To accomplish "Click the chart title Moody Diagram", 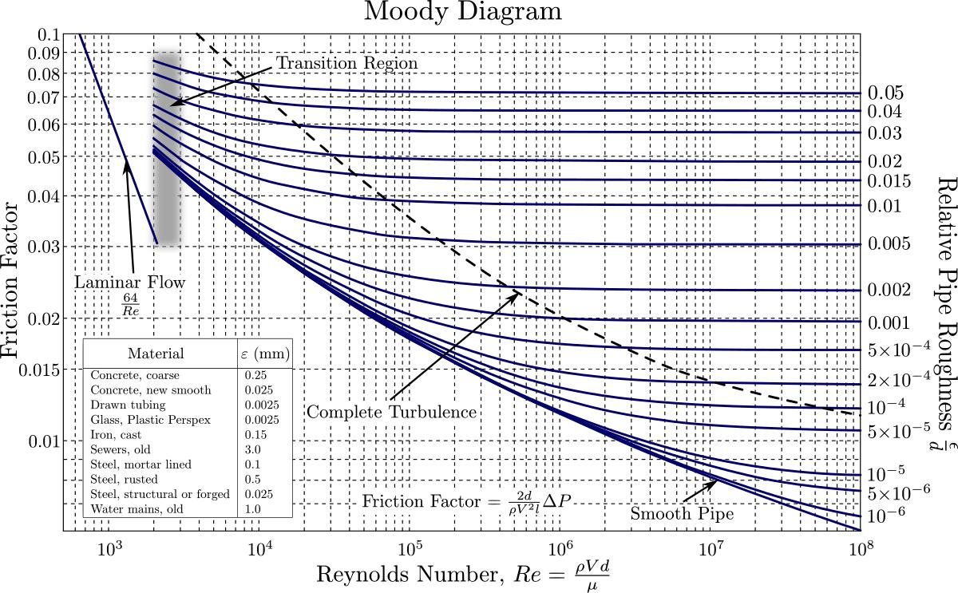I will point(463,12).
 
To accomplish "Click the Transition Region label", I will point(346,63).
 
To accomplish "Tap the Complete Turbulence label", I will point(391,412).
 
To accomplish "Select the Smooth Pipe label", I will point(682,514).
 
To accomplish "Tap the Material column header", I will point(156,353).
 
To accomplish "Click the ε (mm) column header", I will point(265,353).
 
